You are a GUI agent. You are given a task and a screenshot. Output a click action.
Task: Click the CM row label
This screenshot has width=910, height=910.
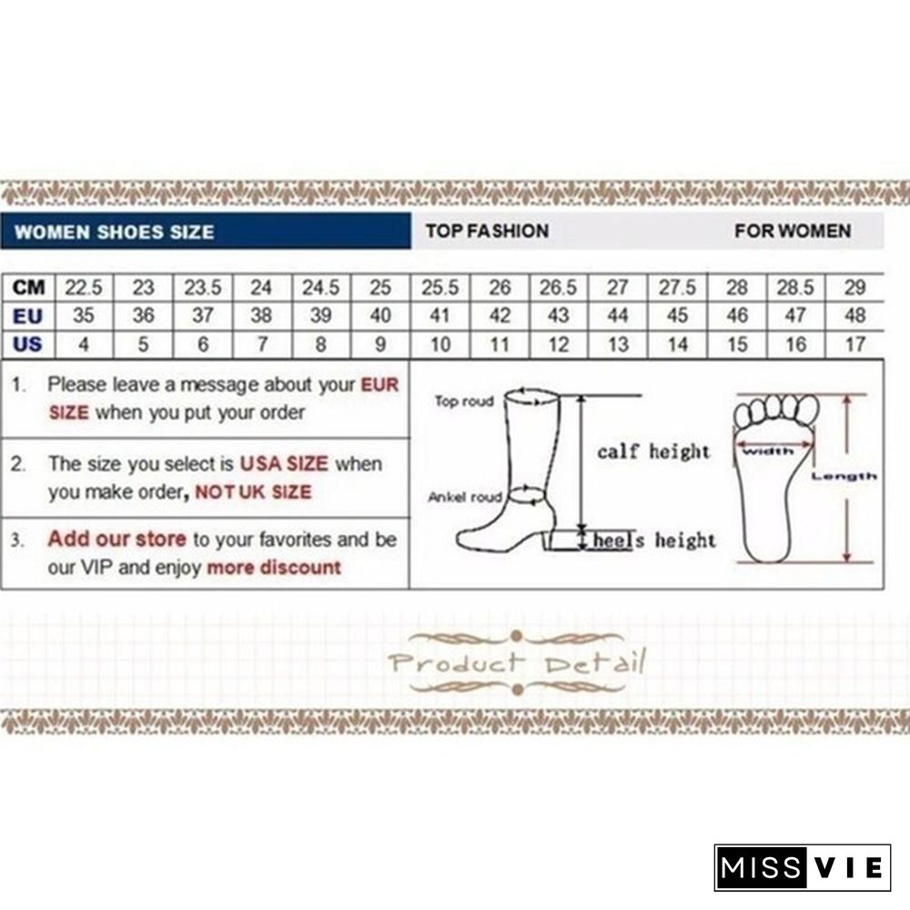point(28,288)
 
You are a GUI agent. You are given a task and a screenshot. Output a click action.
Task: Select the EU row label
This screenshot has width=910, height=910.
point(28,317)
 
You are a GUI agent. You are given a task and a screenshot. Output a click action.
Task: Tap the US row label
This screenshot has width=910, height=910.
point(28,345)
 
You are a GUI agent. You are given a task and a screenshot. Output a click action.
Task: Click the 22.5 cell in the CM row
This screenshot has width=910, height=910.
point(84,288)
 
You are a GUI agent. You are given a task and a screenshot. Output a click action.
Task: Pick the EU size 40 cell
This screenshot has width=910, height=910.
point(380,316)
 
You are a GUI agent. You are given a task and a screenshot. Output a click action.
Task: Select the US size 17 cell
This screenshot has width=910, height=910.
point(855,345)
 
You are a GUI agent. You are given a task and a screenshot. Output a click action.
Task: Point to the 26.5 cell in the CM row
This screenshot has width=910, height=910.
point(559,288)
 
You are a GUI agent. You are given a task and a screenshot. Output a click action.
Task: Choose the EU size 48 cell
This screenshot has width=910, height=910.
point(855,316)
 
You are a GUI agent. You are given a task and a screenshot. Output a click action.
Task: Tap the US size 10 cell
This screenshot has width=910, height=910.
point(440,345)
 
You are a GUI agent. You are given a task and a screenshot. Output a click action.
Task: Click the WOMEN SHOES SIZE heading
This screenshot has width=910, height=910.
point(115,232)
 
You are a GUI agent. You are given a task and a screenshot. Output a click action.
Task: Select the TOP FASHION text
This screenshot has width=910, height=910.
point(488,231)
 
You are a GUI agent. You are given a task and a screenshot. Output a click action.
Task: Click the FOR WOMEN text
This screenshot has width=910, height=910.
point(793,231)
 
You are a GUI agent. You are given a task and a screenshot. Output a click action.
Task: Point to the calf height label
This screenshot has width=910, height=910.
point(653,451)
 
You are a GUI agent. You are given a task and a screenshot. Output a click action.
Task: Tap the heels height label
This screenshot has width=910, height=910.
point(654,541)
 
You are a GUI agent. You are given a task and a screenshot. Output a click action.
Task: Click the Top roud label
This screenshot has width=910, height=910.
point(464,401)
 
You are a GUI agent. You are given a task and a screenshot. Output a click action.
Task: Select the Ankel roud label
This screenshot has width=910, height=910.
point(465,498)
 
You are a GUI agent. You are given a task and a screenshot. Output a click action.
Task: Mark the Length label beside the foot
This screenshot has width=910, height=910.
point(844,477)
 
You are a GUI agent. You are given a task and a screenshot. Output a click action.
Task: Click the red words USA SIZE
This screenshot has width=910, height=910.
point(284,464)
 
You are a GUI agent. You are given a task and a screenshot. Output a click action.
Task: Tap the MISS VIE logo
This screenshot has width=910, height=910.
point(803,867)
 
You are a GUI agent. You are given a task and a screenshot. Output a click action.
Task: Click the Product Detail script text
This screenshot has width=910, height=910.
point(517,662)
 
